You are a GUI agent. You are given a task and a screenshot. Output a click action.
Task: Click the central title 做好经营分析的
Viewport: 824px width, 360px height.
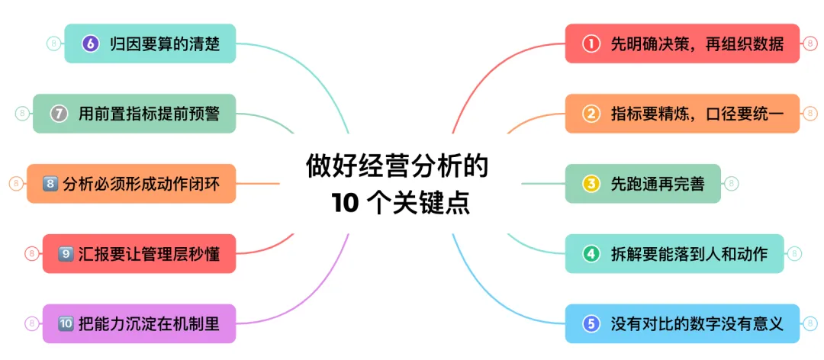tap(398, 165)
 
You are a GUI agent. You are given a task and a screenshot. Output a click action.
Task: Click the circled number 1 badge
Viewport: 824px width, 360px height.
tap(591, 43)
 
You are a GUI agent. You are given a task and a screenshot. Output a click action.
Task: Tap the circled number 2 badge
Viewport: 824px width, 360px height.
tap(591, 114)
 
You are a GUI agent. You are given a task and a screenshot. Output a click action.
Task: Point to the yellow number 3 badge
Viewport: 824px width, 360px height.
tap(591, 184)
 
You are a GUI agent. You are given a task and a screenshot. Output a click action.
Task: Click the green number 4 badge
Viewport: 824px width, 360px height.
tap(591, 253)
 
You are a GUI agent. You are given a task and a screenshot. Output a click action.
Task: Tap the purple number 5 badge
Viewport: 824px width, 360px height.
tap(591, 323)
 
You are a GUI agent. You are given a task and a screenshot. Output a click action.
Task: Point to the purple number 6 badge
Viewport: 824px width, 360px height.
tap(91, 43)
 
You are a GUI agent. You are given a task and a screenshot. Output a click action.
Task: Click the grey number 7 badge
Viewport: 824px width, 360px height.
tap(60, 114)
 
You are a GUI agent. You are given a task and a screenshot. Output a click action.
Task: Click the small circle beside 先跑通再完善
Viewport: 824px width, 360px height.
tap(732, 184)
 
